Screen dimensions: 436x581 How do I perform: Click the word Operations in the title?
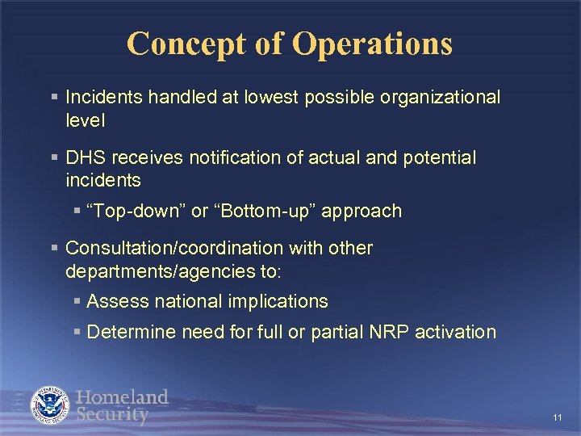372,44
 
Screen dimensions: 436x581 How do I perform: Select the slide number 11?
558,417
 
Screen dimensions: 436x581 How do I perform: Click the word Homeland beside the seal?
122,397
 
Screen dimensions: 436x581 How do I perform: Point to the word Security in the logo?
112,416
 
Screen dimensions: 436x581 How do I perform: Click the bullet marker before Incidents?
53,98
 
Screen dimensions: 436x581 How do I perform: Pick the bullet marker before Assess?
76,302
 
